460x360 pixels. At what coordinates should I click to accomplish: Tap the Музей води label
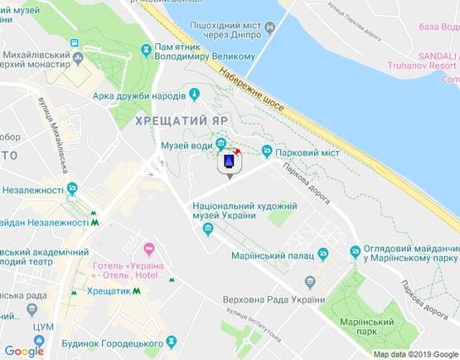pyautogui.click(x=186, y=146)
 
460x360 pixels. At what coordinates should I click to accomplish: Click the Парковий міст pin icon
pyautogui.click(x=267, y=150)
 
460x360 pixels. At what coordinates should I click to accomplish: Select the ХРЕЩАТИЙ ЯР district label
pyautogui.click(x=182, y=119)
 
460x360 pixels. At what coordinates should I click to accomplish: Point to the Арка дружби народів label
pyautogui.click(x=139, y=95)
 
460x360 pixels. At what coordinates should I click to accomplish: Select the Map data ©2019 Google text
pyautogui.click(x=414, y=354)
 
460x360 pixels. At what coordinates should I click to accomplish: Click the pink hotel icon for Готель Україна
pyautogui.click(x=149, y=248)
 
